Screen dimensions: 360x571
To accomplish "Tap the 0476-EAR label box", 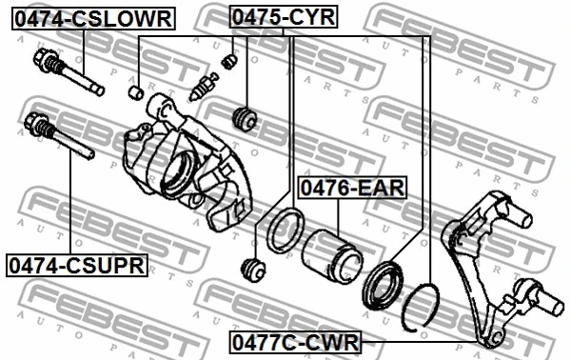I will click(352, 188).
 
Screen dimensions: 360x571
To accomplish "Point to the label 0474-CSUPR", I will click(76, 265).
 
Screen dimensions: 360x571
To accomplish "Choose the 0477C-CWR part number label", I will click(294, 341).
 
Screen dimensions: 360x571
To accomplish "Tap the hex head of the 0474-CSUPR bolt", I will click(36, 124).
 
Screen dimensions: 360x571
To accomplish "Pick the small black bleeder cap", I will click(228, 62).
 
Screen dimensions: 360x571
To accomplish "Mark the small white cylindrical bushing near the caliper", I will click(136, 91).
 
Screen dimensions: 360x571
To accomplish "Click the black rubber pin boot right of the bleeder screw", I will click(246, 119).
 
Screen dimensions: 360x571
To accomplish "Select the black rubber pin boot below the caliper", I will click(254, 270).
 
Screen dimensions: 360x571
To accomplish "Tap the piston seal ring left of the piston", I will click(285, 234).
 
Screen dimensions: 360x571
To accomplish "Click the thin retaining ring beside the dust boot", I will click(421, 307).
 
